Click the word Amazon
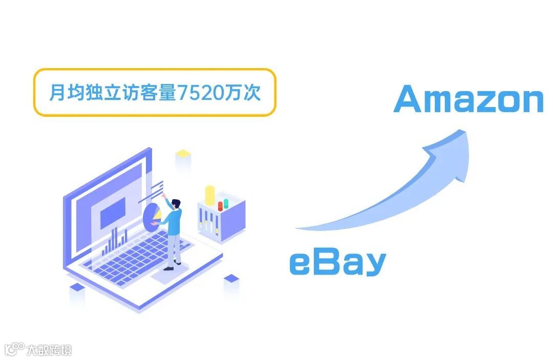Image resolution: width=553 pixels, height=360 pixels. coord(468,99)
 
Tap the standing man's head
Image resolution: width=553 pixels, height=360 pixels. coord(176,203)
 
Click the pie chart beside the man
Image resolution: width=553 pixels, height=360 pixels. coord(152,217)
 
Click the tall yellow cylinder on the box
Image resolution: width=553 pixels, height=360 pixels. coord(210,196)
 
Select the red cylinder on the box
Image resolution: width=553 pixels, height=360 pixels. coord(220,205)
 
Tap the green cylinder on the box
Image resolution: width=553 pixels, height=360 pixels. coord(225,203)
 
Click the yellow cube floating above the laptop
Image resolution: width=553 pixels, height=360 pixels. coord(183,153)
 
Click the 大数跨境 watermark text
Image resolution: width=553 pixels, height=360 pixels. coord(50,350)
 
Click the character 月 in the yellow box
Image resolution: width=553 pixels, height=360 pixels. coord(56,93)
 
